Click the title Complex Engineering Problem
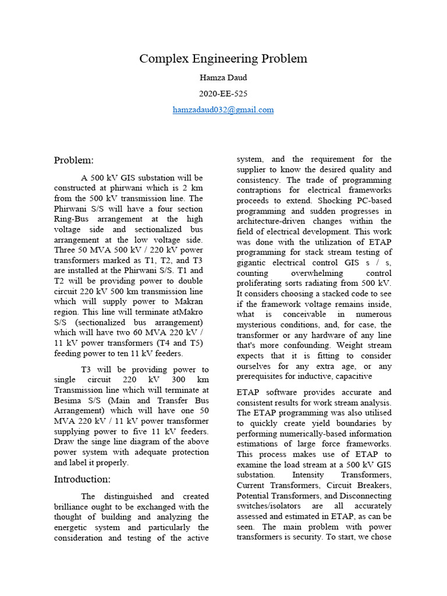point(223,59)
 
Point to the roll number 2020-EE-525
point(223,93)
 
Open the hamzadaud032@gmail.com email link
point(223,109)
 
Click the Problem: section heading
point(74,160)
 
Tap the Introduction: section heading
point(82,479)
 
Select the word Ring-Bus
point(76,219)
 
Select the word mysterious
point(262,325)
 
